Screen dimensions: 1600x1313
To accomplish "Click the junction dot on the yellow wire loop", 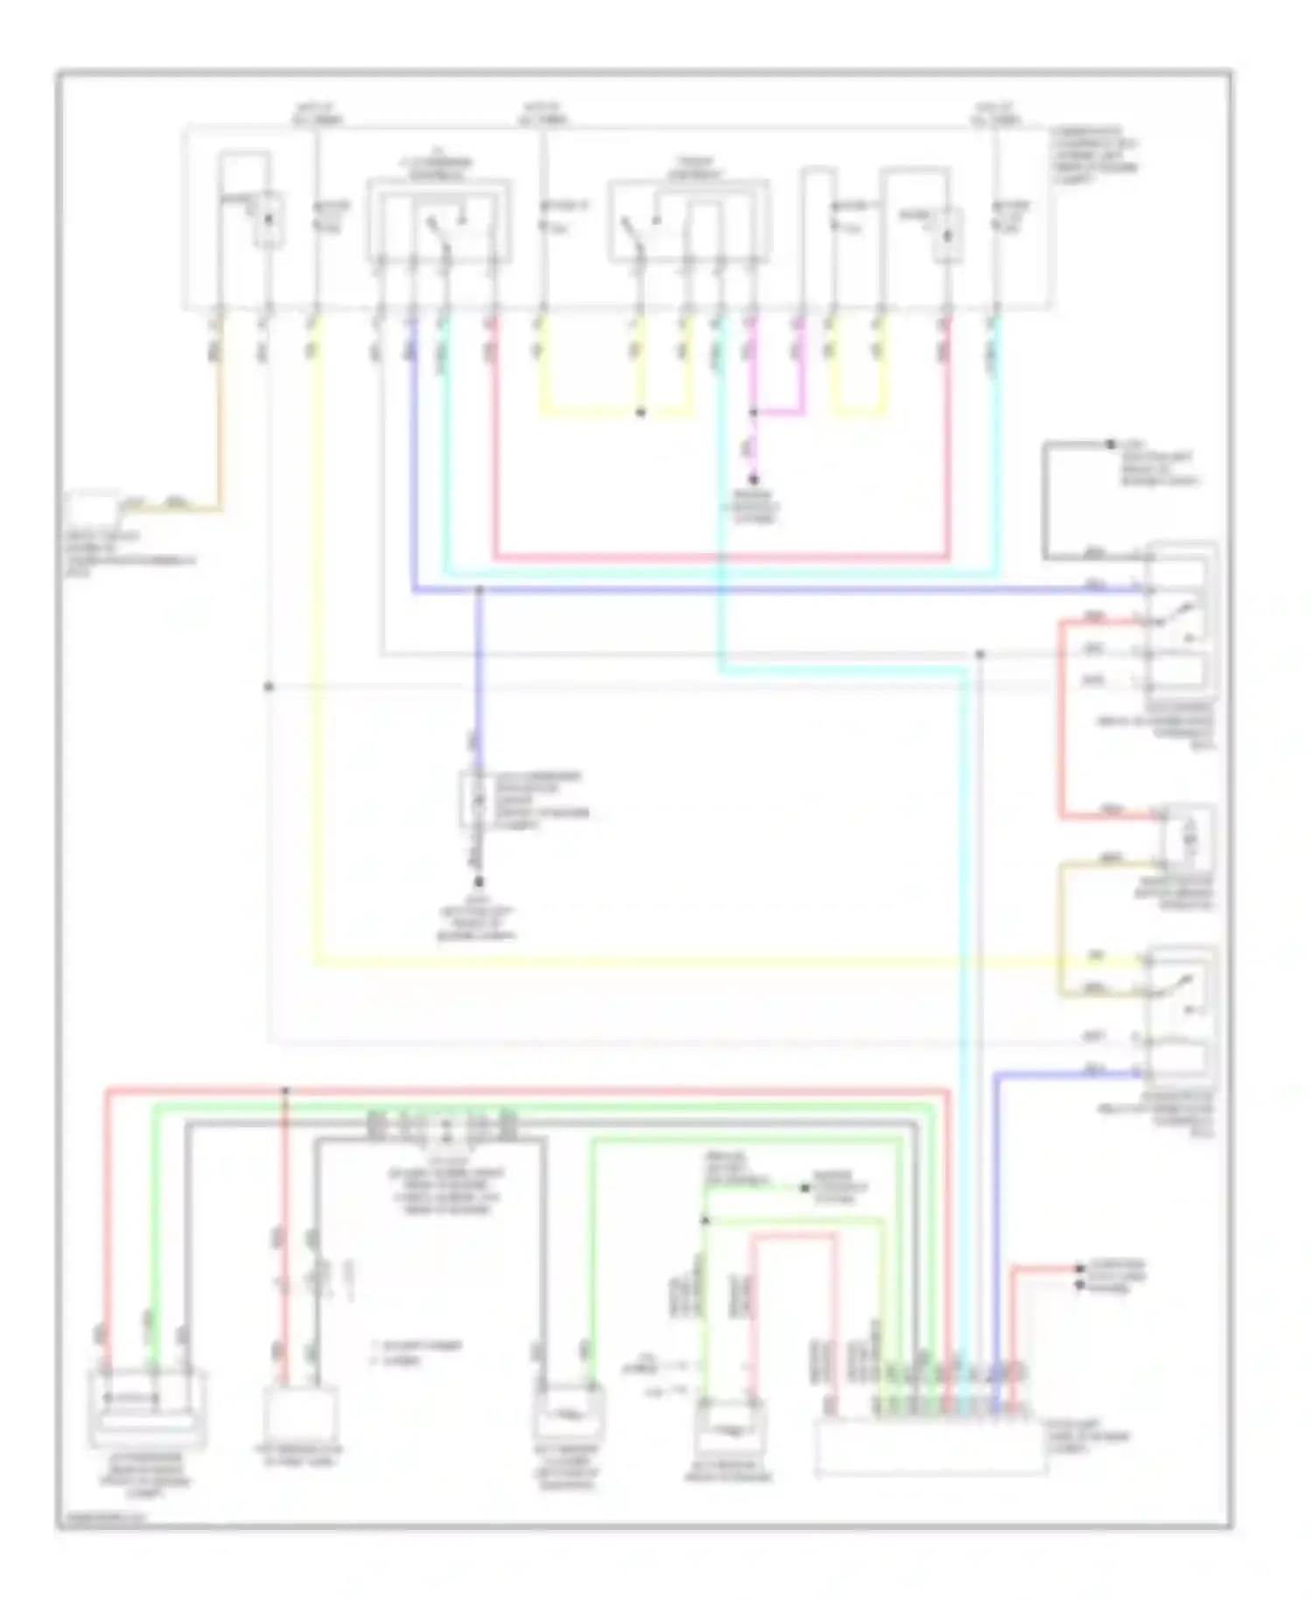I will click(640, 413).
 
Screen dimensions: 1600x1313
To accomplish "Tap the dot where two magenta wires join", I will click(753, 412).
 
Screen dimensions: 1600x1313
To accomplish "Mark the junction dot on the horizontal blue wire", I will click(479, 591).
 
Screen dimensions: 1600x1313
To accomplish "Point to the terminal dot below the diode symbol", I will click(479, 882).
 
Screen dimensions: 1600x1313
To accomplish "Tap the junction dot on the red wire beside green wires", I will click(284, 1091).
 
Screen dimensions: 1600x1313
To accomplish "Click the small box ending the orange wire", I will click(91, 508).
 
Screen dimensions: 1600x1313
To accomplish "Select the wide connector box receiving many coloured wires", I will click(930, 1447).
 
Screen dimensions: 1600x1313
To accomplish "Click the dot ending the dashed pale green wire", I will click(804, 1188).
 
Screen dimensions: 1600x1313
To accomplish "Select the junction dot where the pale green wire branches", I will click(705, 1219).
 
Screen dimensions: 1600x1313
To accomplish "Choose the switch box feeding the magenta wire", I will click(688, 223).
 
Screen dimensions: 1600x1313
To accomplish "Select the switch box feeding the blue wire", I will click(439, 223).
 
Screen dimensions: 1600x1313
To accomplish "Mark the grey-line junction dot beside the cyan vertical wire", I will click(979, 654).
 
